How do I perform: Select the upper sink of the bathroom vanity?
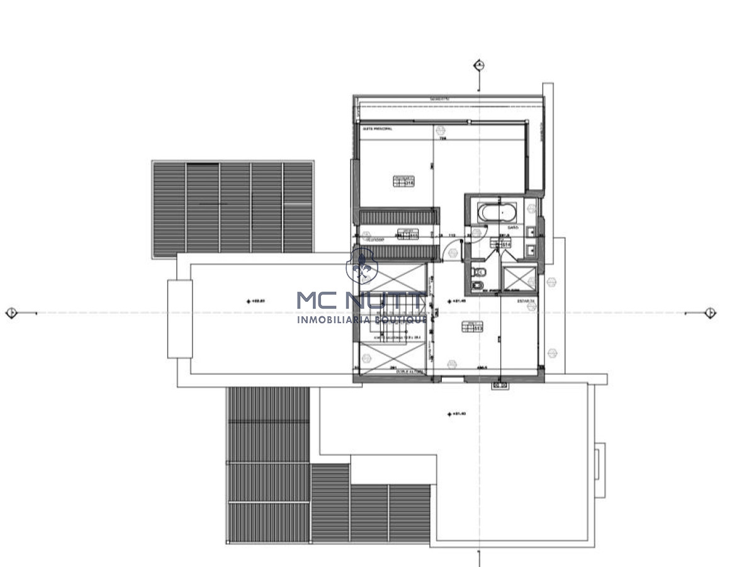pyautogui.click(x=532, y=232)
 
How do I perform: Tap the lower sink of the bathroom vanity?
pyautogui.click(x=532, y=250)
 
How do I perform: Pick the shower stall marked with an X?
pyautogui.click(x=519, y=278)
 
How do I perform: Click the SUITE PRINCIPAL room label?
pyautogui.click(x=377, y=129)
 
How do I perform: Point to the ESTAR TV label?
pyautogui.click(x=526, y=302)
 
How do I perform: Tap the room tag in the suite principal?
pyautogui.click(x=403, y=181)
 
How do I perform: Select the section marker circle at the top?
pyautogui.click(x=480, y=65)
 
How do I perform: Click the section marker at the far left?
pyautogui.click(x=11, y=312)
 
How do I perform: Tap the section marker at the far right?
pyautogui.click(x=710, y=312)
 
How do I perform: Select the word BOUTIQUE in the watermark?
pyautogui.click(x=405, y=319)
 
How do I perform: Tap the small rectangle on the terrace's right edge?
pyautogui.click(x=600, y=461)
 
